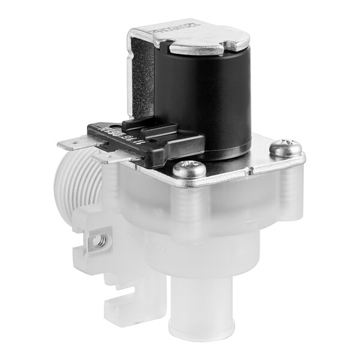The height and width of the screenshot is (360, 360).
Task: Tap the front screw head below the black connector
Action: point(189,169)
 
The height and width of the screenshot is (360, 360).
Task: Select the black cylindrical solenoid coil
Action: point(210,96)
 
